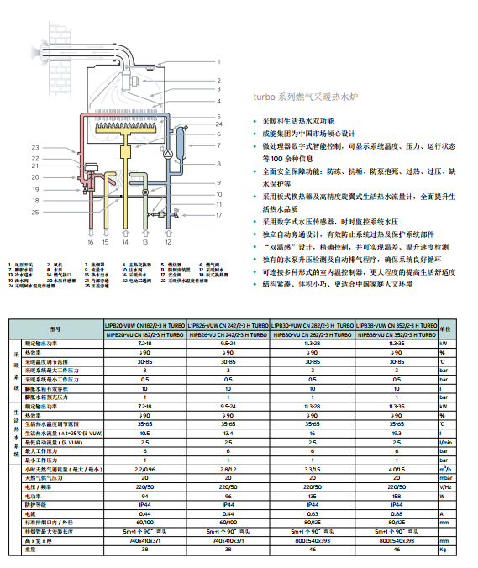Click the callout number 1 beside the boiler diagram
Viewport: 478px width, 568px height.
click(x=218, y=62)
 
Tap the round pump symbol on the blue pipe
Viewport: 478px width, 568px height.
click(x=169, y=154)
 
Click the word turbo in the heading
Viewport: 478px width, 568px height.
click(x=263, y=97)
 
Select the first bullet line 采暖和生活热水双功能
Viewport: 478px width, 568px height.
click(x=298, y=122)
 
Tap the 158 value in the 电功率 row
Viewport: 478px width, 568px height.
click(x=396, y=496)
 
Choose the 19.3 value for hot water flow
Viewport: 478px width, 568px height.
click(x=396, y=434)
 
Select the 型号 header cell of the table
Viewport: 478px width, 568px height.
click(x=56, y=329)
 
